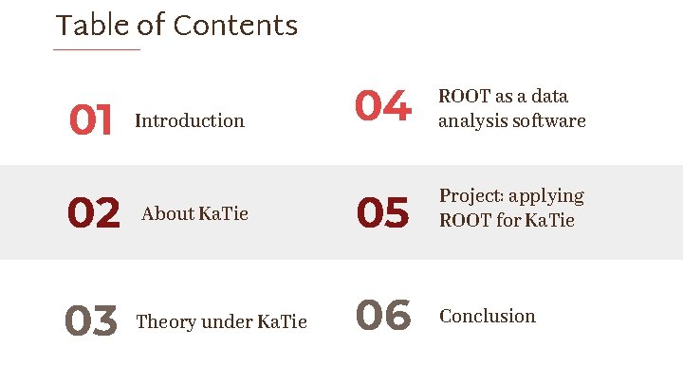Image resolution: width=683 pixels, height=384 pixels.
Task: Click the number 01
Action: tap(91, 120)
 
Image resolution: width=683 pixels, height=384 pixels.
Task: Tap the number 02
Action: tap(94, 213)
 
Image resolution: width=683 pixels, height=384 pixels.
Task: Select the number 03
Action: tap(91, 321)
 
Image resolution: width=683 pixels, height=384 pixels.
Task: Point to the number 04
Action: tap(383, 106)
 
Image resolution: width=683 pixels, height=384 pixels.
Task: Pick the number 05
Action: tap(383, 213)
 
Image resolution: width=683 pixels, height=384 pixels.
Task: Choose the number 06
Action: tap(383, 316)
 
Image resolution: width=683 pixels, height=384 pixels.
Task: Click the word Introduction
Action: tap(190, 120)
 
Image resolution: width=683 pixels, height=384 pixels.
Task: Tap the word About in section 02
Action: tap(167, 213)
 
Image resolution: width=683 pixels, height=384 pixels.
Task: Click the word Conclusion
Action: tap(488, 316)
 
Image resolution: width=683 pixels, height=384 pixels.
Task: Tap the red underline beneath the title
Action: tap(97, 49)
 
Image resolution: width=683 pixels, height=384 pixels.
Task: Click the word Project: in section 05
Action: tap(471, 196)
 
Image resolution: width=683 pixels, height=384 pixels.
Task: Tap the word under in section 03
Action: tap(228, 321)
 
